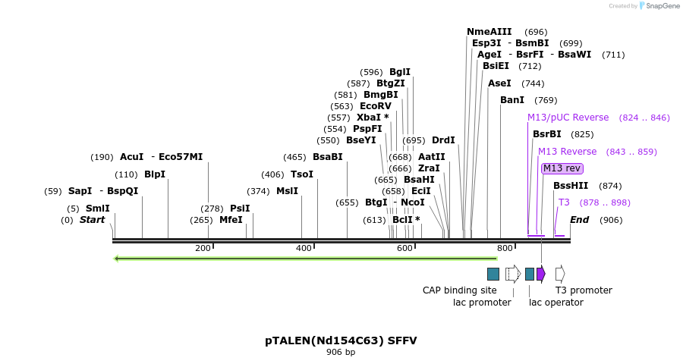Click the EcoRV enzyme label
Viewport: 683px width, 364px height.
(376, 106)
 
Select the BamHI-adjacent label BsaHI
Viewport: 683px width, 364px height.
(419, 180)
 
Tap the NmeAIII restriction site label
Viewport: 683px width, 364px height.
(489, 32)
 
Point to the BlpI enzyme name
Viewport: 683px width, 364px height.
(155, 174)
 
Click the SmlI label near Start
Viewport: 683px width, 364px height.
(97, 209)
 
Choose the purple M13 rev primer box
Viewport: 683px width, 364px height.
(562, 168)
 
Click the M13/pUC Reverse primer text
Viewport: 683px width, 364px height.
(568, 118)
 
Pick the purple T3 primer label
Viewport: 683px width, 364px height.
(564, 202)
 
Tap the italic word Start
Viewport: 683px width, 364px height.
(92, 220)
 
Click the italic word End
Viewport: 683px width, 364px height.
(579, 220)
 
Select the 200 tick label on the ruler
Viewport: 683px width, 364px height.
(203, 249)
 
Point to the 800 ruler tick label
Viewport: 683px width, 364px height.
(505, 249)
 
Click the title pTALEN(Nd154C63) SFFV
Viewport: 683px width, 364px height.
(341, 340)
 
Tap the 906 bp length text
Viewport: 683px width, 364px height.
(341, 352)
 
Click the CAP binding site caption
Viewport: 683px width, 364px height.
(460, 290)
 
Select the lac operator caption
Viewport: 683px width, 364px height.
(556, 303)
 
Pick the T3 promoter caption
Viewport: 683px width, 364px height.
(584, 290)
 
